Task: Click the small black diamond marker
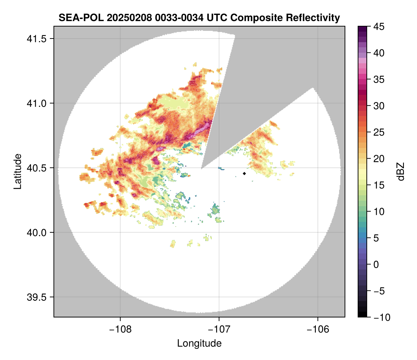click(x=245, y=173)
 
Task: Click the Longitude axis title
click(x=199, y=343)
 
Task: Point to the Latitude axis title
click(x=17, y=171)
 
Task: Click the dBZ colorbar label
click(x=401, y=172)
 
